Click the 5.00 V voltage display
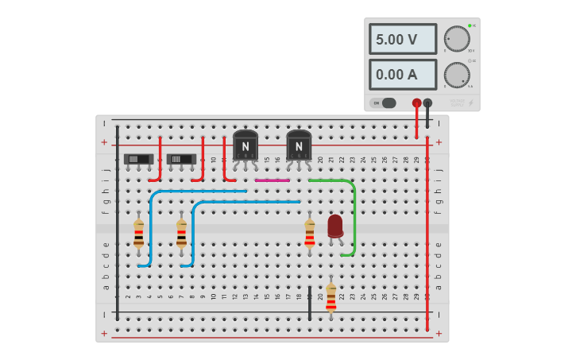402,39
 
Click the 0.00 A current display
402,75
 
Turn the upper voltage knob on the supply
457,38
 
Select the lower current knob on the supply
457,75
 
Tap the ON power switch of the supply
383,103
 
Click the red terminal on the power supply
416,103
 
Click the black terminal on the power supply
427,103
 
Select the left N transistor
245,146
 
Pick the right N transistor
299,146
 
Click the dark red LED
335,226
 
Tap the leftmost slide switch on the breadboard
138,159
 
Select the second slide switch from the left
181,159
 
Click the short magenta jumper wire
273,180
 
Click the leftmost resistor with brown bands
138,234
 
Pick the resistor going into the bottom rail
331,297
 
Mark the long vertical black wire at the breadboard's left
118,223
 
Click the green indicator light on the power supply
470,25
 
